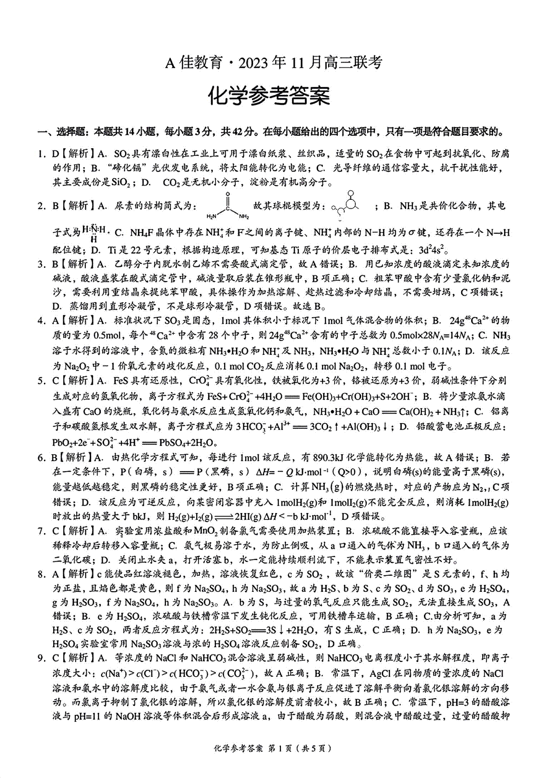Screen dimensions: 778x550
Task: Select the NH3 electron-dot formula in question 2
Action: (94, 233)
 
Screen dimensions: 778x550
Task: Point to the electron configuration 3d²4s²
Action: (425, 250)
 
